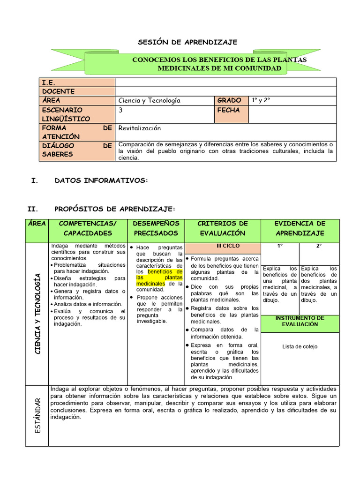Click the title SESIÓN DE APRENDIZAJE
click(x=187, y=42)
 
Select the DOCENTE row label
click(x=58, y=91)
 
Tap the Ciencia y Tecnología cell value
click(x=150, y=100)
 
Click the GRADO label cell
click(x=229, y=100)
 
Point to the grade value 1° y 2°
click(x=262, y=100)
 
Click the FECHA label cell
click(x=228, y=110)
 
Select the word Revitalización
click(x=140, y=128)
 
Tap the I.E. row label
click(x=49, y=82)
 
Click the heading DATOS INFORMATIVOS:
click(x=101, y=180)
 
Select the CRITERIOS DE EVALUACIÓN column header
click(x=223, y=228)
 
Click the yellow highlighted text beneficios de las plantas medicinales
click(x=159, y=277)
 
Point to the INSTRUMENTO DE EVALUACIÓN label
click(x=300, y=321)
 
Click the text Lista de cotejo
click(x=300, y=346)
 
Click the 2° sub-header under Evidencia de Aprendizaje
click(x=319, y=246)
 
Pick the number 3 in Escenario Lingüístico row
click(x=121, y=110)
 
